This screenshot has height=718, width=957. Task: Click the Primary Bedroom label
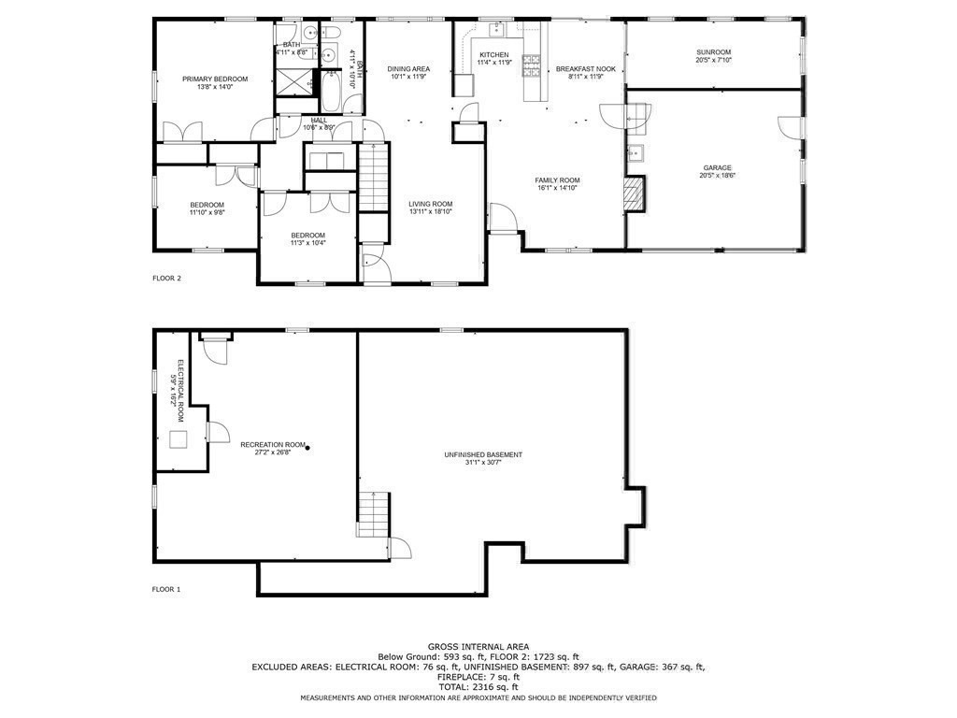[x=215, y=79]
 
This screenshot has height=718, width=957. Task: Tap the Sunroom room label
[x=713, y=52]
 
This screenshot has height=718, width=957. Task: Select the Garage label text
[x=717, y=168]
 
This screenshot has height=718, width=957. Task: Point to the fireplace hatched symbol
[x=635, y=194]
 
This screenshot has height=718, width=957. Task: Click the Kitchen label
[x=493, y=55]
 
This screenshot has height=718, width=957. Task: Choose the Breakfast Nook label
[x=585, y=69]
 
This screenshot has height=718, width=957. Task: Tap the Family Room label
[x=557, y=180]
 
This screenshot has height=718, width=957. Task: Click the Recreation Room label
[x=273, y=444]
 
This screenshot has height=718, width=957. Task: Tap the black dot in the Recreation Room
[x=307, y=448]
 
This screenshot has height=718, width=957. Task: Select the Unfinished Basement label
[x=483, y=455]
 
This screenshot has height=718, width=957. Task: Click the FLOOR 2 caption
[x=166, y=278]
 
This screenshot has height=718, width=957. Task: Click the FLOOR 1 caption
[x=166, y=589]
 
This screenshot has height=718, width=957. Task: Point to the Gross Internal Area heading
[x=478, y=646]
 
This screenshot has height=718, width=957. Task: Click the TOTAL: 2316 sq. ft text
[x=478, y=686]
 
